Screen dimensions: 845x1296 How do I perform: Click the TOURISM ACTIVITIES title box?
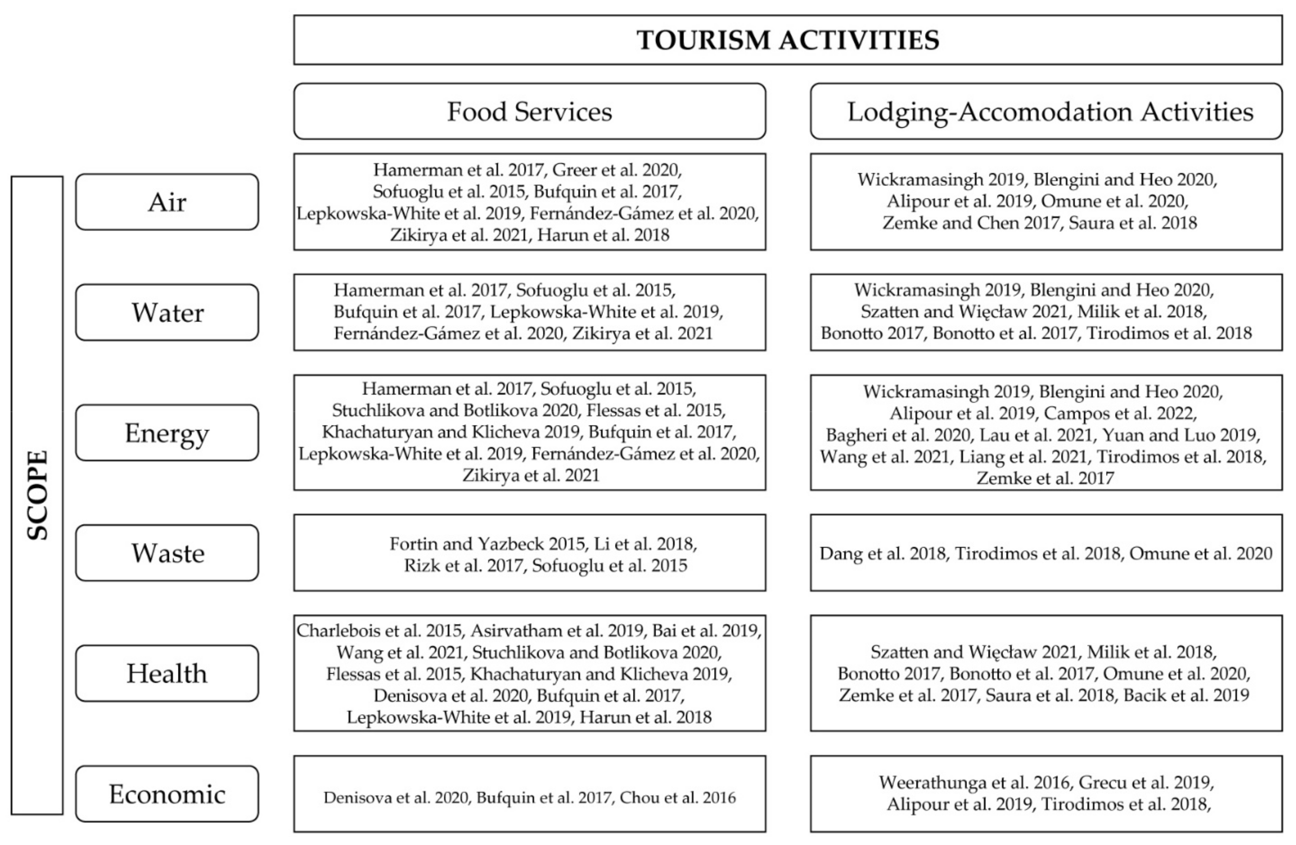[788, 40]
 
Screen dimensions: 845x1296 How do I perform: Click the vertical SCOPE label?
[37, 495]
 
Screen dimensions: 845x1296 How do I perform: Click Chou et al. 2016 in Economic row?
[678, 798]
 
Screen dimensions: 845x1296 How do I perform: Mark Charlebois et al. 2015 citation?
[380, 630]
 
